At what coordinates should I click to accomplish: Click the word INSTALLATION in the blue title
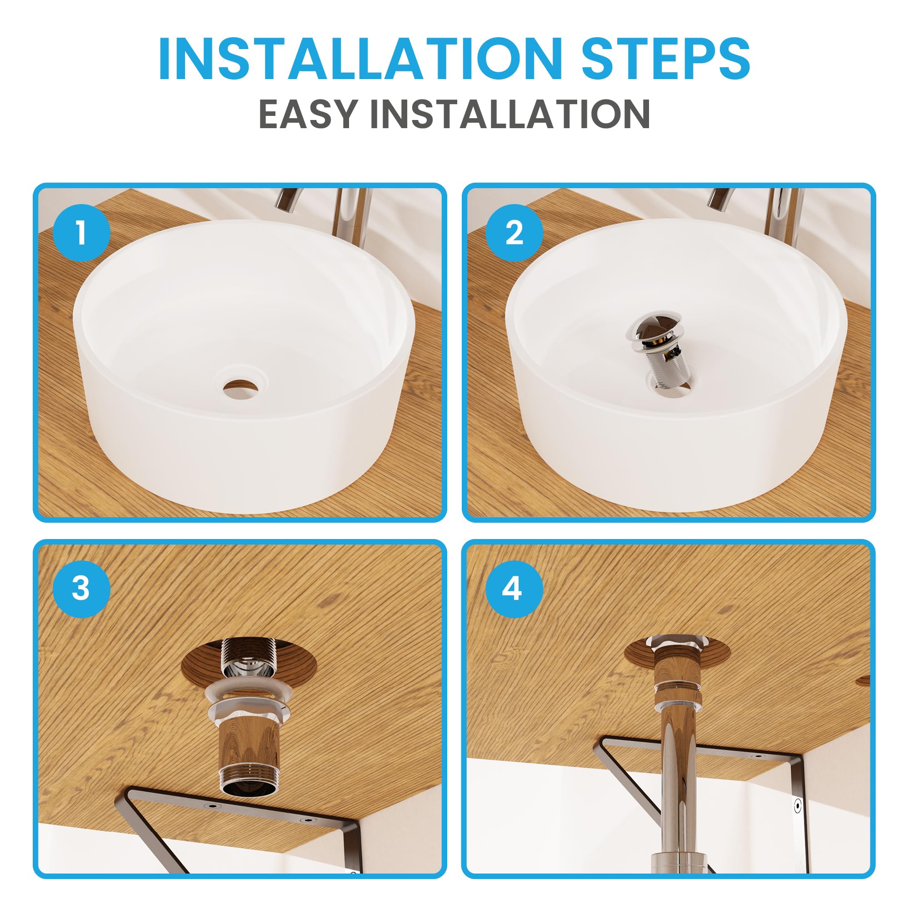coord(360,58)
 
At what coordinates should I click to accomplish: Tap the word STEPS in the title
coord(666,58)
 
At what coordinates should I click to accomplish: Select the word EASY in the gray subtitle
coord(308,114)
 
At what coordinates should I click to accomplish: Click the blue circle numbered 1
coord(81,232)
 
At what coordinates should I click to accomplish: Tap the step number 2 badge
coord(514,232)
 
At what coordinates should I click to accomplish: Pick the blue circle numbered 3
coord(81,588)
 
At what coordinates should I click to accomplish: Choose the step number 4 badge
coord(514,588)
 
